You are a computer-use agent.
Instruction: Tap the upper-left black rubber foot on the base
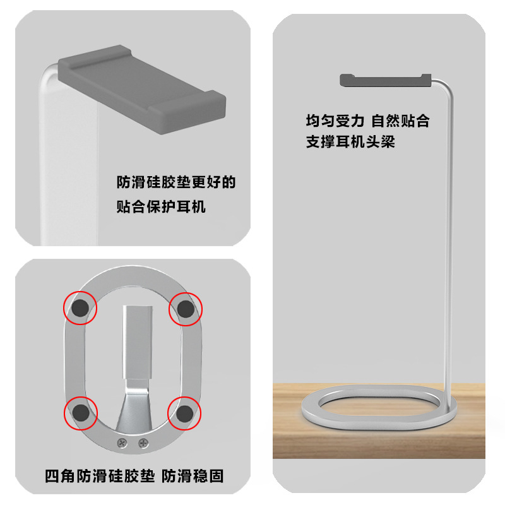tap(80, 309)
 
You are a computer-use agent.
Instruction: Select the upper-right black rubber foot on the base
tap(186, 309)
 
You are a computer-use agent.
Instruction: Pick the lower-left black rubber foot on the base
tap(80, 413)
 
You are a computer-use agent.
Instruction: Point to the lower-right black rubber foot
tap(185, 413)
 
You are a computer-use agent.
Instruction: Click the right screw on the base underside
tap(143, 443)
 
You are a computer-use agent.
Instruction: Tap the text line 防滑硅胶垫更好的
tap(176, 183)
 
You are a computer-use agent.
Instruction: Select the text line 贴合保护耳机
tap(161, 206)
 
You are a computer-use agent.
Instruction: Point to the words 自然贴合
tap(400, 120)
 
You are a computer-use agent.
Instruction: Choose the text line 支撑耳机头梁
tap(350, 141)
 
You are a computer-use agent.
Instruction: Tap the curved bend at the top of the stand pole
tap(445, 83)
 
